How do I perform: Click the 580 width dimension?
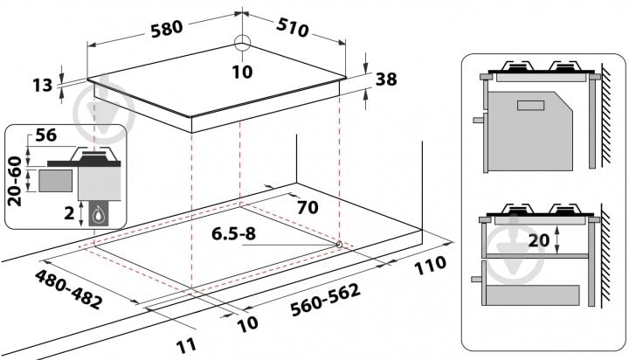[167, 30]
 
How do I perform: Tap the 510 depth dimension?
[293, 28]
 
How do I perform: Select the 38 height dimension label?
[386, 80]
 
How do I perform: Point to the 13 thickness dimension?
[43, 85]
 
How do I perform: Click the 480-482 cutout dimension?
[68, 289]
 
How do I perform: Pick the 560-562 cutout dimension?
[325, 300]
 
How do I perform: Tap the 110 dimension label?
[430, 266]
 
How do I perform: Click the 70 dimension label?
[308, 207]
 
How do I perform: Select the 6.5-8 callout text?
[233, 233]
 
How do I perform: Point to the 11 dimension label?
[187, 345]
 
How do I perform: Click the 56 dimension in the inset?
[46, 135]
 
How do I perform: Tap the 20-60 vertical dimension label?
[15, 182]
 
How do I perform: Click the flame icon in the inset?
[98, 214]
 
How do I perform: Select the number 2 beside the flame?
[69, 213]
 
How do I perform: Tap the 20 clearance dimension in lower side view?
[538, 240]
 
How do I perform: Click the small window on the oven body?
[531, 106]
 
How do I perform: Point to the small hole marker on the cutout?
[339, 244]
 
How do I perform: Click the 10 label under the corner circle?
[242, 72]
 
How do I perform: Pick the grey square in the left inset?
[56, 181]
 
